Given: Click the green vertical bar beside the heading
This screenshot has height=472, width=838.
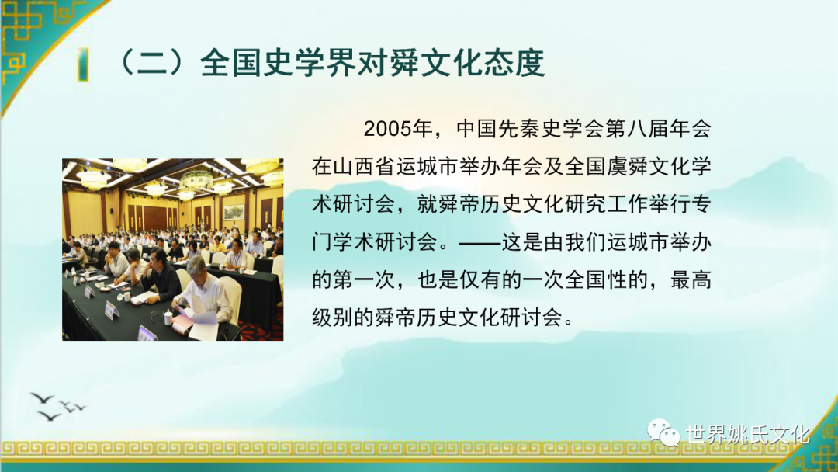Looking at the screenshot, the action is coord(83,64).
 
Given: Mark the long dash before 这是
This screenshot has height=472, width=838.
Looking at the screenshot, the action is coord(479,242).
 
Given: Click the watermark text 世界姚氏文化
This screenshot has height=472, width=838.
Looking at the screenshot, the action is coord(748,434).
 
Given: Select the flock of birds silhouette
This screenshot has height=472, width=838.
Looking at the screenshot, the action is coord(57,406).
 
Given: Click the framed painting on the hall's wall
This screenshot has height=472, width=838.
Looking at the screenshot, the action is coord(233,212).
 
